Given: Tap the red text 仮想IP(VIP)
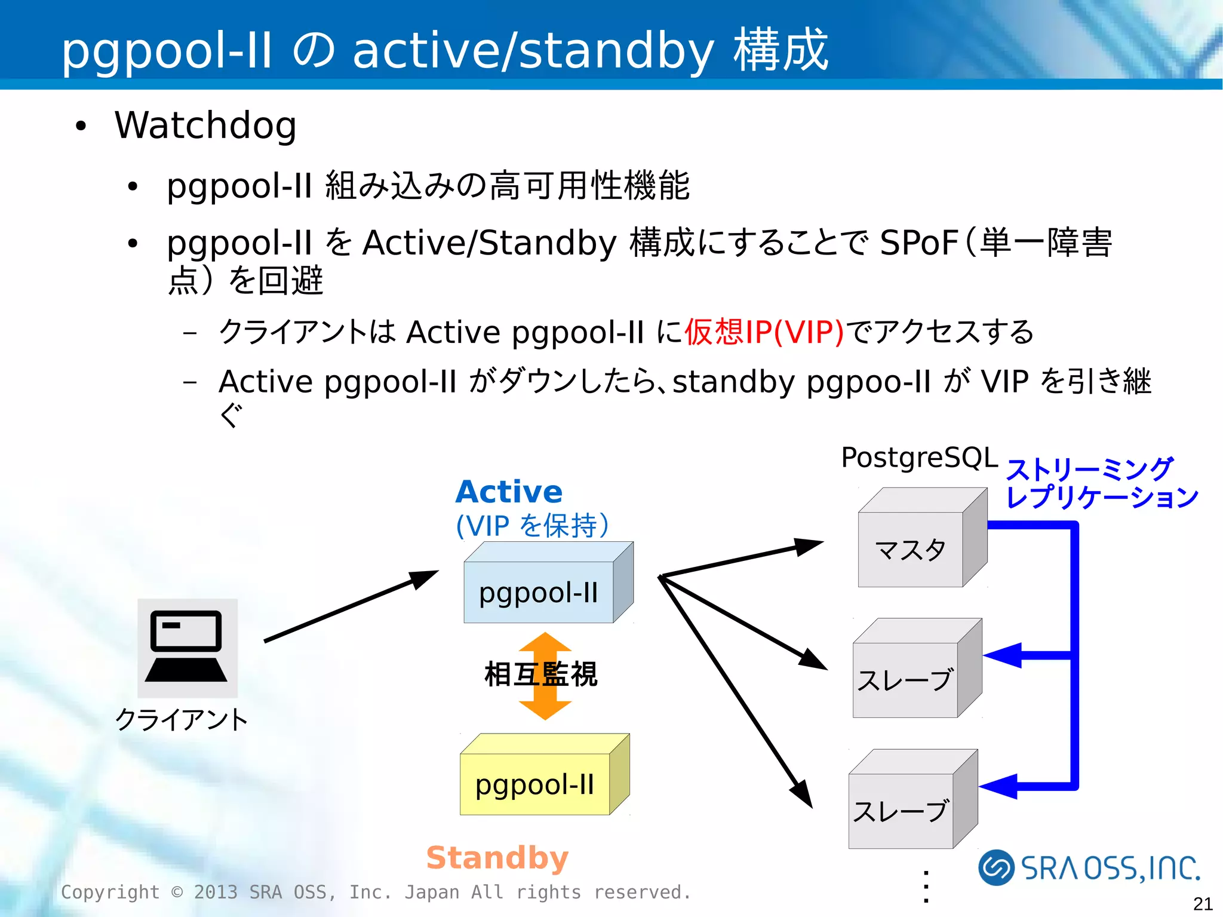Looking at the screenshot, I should [764, 332].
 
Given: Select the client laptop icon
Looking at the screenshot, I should [187, 648].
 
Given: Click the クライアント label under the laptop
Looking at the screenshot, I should [182, 719].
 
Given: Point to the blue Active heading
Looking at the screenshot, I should [509, 492].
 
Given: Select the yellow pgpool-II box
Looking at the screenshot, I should [535, 784].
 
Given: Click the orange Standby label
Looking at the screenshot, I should [497, 858].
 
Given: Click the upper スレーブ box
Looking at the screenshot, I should [905, 679].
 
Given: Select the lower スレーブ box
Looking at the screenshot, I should [901, 810].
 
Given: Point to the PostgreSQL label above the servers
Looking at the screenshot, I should [919, 458].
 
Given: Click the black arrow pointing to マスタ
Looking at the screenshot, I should [740, 558].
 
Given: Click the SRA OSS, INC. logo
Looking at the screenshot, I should [1089, 867].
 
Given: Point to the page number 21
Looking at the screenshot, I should [1202, 903].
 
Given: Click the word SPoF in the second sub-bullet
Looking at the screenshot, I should [918, 243].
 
